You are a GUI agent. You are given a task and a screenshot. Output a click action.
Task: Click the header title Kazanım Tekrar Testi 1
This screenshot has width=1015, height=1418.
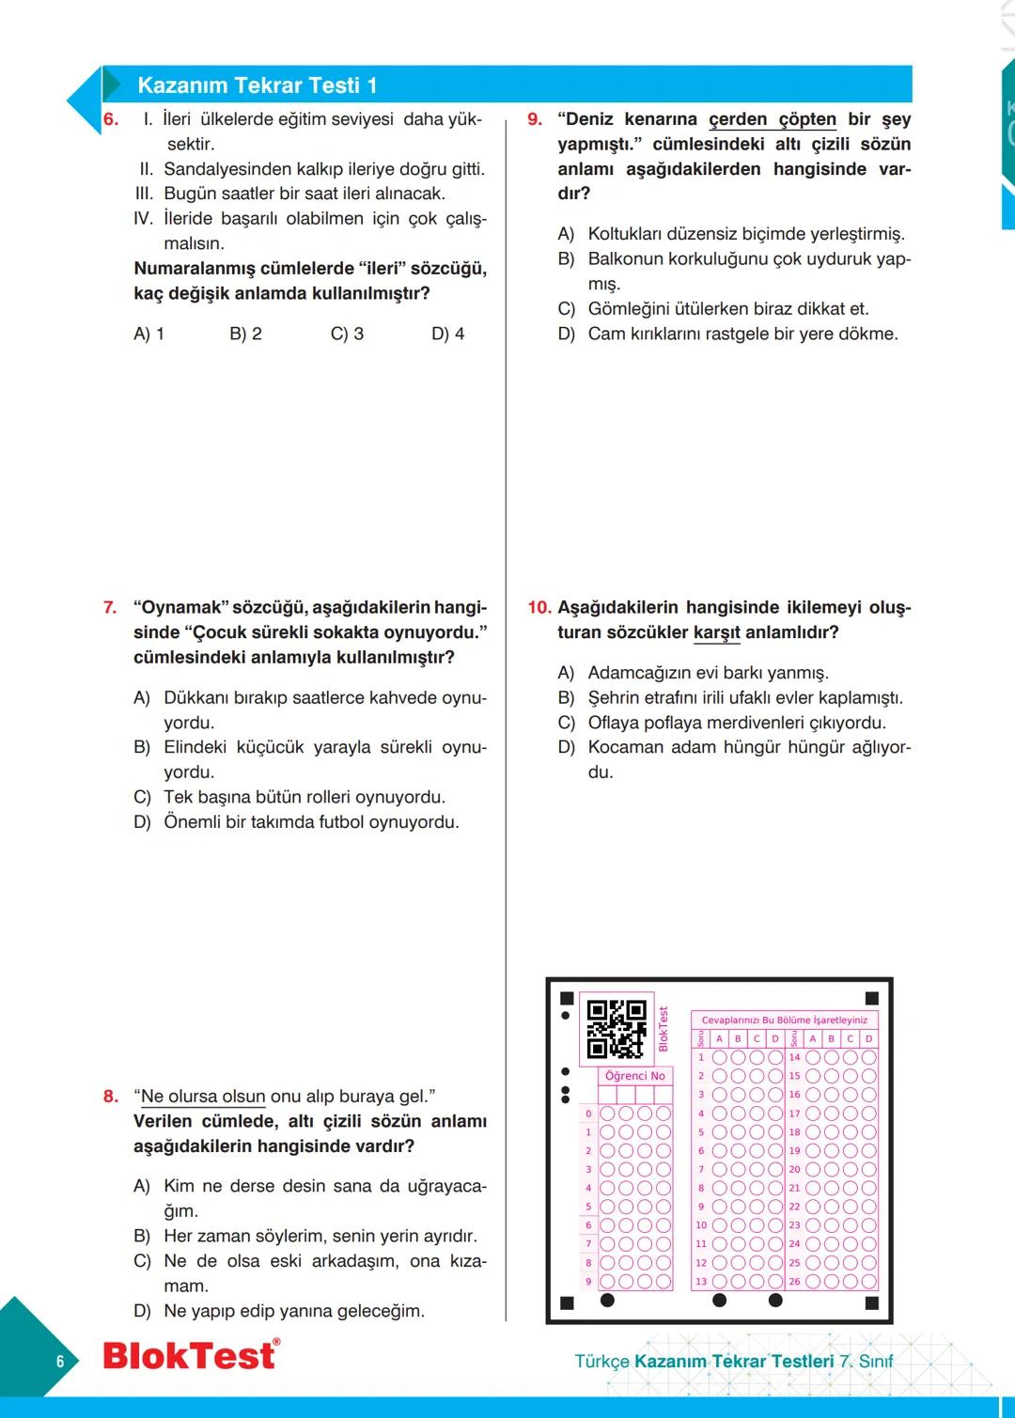tap(257, 86)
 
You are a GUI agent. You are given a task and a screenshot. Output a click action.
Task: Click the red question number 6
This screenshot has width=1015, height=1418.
tap(111, 119)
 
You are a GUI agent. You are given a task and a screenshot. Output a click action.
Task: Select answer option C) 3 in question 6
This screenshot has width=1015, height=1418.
tap(347, 334)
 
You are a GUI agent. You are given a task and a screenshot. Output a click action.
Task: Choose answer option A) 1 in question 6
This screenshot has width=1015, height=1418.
tap(148, 334)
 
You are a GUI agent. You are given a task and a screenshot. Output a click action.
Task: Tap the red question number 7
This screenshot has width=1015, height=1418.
tap(110, 608)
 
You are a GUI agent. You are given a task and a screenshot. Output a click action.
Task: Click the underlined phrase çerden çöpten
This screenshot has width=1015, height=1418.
tap(772, 119)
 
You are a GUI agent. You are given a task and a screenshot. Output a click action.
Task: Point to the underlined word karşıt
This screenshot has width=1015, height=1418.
tap(716, 632)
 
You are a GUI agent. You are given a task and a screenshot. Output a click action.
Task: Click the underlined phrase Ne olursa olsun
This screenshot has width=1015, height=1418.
tap(203, 1097)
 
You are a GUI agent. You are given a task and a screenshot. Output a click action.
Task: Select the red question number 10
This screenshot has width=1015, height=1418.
tap(539, 608)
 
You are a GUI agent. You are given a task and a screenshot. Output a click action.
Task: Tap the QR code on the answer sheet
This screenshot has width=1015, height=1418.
tap(617, 1029)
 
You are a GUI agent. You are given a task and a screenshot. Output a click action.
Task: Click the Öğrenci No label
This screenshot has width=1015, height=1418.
tap(635, 1076)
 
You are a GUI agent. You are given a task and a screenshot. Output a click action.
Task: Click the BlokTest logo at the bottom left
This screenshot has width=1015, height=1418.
tap(190, 1356)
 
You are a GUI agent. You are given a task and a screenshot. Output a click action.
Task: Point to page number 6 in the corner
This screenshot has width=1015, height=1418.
tap(60, 1362)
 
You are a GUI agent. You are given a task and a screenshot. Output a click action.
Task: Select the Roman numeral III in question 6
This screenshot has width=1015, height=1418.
tap(144, 194)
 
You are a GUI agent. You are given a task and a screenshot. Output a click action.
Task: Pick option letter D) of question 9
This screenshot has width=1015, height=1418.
tap(566, 334)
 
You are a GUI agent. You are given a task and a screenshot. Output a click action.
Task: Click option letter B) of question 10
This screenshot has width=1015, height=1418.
tap(566, 698)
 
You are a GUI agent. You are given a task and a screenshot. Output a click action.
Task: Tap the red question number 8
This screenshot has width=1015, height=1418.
tap(111, 1097)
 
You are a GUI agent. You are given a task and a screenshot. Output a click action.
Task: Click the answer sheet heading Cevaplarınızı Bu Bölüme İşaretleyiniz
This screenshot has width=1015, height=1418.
tap(785, 1020)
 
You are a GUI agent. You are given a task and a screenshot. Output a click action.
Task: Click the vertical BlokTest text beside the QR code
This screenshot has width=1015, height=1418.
tap(663, 1029)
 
